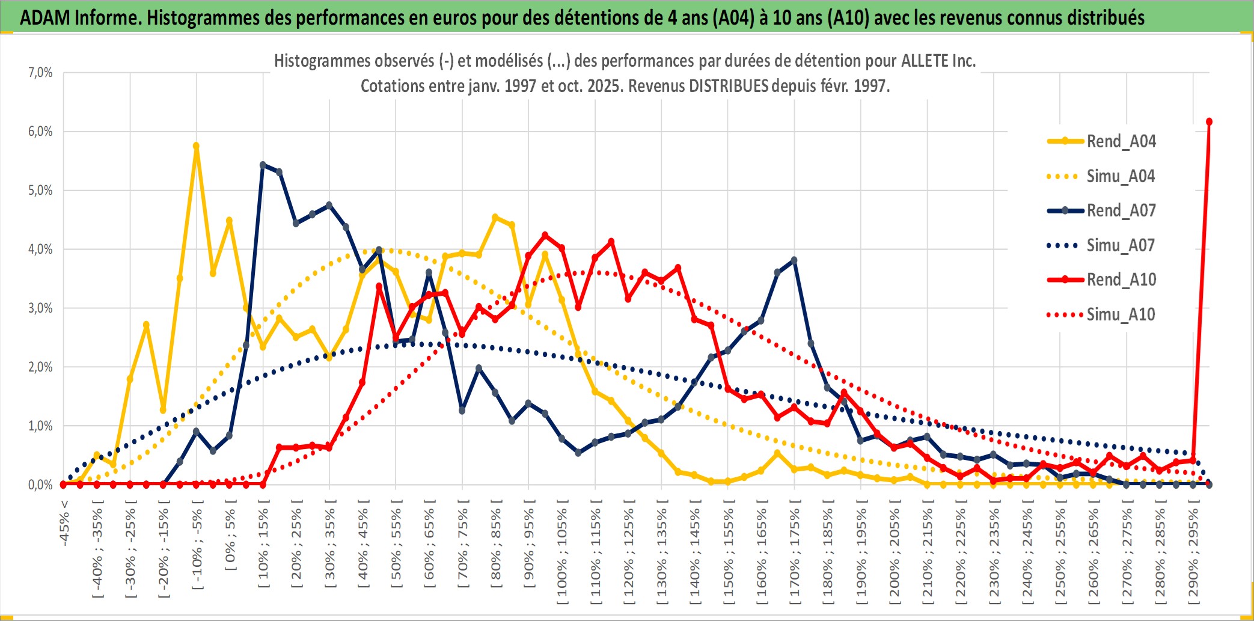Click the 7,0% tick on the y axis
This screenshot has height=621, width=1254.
[40, 73]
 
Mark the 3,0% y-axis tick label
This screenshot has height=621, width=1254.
[40, 308]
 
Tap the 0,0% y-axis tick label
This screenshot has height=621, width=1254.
[40, 485]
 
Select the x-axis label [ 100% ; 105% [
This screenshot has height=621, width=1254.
[562, 553]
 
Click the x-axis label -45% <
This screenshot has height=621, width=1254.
[64, 523]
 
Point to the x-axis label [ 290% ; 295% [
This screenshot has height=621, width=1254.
[1193, 553]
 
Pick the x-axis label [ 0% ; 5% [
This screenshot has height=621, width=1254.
[230, 538]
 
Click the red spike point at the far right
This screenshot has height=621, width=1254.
[1209, 122]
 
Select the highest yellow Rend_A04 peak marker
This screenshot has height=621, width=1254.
[196, 145]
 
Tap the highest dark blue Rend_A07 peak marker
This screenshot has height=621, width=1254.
[263, 165]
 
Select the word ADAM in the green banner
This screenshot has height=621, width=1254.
[45, 17]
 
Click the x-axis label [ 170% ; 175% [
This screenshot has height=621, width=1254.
[795, 553]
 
